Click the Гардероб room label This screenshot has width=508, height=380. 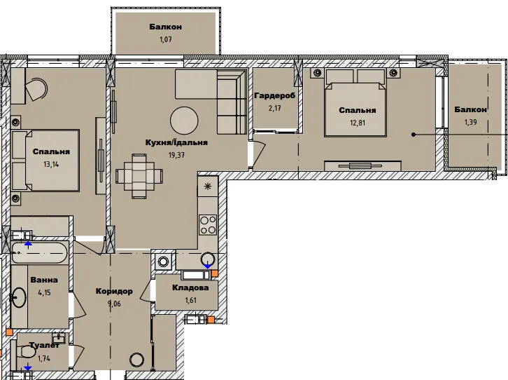(x=275, y=95)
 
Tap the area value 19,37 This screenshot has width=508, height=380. (x=176, y=155)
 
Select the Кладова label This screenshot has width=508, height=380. (x=190, y=287)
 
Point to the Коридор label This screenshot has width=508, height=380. (x=114, y=292)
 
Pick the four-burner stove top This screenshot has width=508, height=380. (x=208, y=225)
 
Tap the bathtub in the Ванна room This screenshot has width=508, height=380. (x=39, y=252)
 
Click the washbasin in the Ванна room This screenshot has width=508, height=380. (x=19, y=297)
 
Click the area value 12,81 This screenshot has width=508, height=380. (x=358, y=123)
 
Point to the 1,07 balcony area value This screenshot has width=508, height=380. (x=165, y=39)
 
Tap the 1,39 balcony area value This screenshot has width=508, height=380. (x=470, y=122)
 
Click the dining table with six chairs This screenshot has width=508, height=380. (x=139, y=176)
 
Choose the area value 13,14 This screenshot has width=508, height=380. (x=51, y=164)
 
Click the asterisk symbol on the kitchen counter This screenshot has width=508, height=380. (x=207, y=186)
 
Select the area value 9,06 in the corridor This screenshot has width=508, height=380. (x=114, y=304)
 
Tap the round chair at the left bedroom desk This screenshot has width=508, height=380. (x=36, y=89)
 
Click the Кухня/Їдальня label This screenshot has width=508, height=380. (x=176, y=142)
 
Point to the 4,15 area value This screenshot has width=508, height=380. (x=44, y=292)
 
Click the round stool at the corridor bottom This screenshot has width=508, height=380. (x=136, y=360)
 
